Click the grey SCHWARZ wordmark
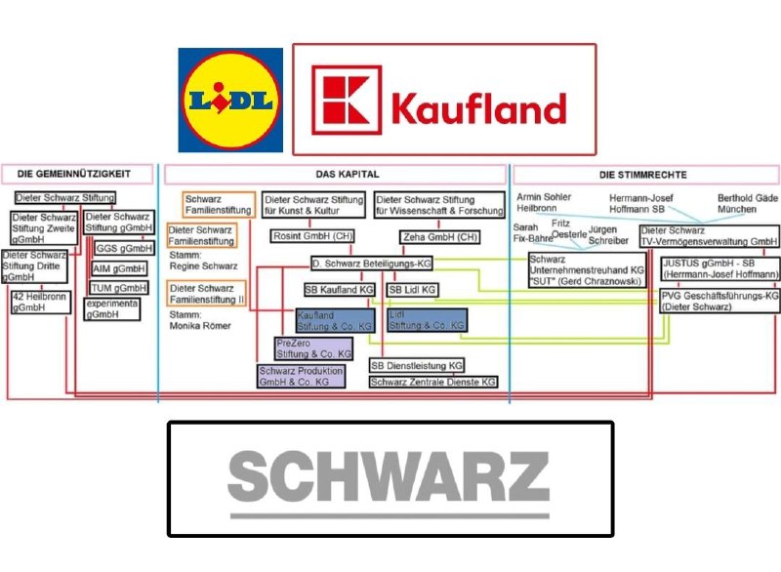pyautogui.click(x=389, y=478)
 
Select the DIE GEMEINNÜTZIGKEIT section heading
pyautogui.click(x=80, y=175)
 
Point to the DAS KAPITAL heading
pyautogui.click(x=335, y=175)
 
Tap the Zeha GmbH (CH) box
pyautogui.click(x=439, y=237)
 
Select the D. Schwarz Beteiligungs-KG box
pyautogui.click(x=371, y=264)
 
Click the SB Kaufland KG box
pyautogui.click(x=339, y=290)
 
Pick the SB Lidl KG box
pyautogui.click(x=412, y=290)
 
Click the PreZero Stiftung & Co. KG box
pyautogui.click(x=308, y=348)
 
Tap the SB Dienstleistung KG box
pyautogui.click(x=416, y=365)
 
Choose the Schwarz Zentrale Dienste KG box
pyautogui.click(x=432, y=382)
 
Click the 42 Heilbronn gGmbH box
pyautogui.click(x=40, y=302)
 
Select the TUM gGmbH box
pyautogui.click(x=118, y=288)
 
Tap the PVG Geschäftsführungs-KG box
pyautogui.click(x=719, y=300)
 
